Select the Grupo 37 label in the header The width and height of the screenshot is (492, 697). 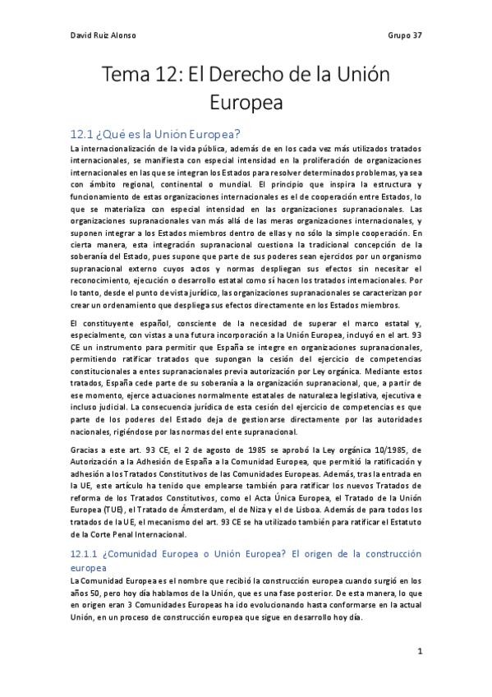tap(404, 35)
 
